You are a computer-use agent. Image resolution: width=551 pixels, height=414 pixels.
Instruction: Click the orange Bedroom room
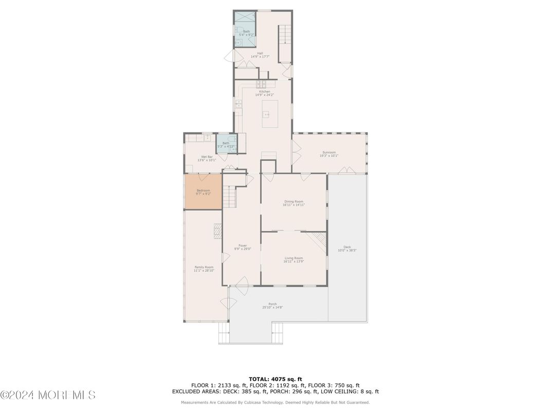[x=203, y=192]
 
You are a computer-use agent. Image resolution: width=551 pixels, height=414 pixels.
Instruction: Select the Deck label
[x=347, y=249]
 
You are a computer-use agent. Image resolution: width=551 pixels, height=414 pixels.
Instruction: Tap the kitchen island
[x=270, y=114]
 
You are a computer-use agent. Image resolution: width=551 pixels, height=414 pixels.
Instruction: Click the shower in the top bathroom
[x=245, y=20]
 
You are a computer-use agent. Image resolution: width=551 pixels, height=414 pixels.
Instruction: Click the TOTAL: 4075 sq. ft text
[x=275, y=379]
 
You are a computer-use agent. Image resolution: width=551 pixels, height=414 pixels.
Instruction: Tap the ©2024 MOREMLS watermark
[x=48, y=395]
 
